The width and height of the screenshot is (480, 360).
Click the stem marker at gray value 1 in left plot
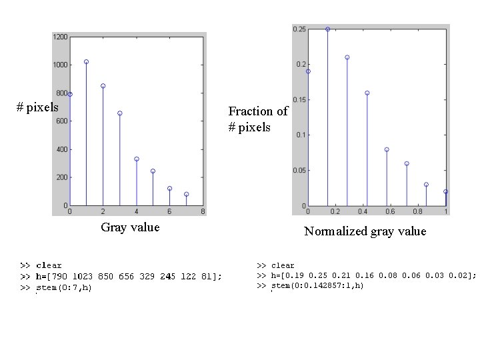pyautogui.click(x=87, y=62)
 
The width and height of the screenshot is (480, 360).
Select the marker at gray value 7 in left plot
pyautogui.click(x=187, y=194)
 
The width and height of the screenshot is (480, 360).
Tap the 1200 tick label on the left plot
pyautogui.click(x=59, y=37)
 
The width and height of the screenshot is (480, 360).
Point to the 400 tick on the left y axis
pyautogui.click(x=61, y=149)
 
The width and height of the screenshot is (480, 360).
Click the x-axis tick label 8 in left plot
pyautogui.click(x=203, y=212)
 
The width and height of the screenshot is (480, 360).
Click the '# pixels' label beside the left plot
pyautogui.click(x=37, y=107)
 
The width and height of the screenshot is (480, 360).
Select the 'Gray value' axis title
pyautogui.click(x=130, y=227)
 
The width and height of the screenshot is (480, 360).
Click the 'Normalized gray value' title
pyautogui.click(x=365, y=231)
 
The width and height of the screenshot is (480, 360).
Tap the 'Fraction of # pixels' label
pyautogui.click(x=258, y=119)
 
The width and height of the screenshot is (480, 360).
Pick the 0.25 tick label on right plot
pyautogui.click(x=299, y=29)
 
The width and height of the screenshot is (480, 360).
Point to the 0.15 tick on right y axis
pyautogui.click(x=299, y=100)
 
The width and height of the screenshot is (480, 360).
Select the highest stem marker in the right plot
pyautogui.click(x=327, y=29)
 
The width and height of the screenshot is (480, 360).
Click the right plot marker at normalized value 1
pyautogui.click(x=445, y=191)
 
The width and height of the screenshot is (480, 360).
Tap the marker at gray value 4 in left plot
pyautogui.click(x=137, y=159)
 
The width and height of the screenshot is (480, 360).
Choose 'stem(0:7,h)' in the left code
pyautogui.click(x=64, y=288)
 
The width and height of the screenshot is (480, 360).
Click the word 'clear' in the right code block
pyautogui.click(x=283, y=265)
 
